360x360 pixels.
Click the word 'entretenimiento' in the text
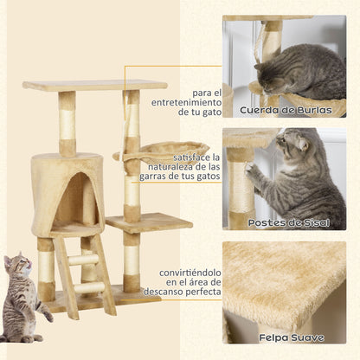tap(185, 102)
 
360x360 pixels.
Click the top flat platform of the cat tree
tap(94, 86)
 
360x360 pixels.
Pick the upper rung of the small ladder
tap(83, 260)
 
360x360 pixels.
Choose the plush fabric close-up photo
tap(284, 286)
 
